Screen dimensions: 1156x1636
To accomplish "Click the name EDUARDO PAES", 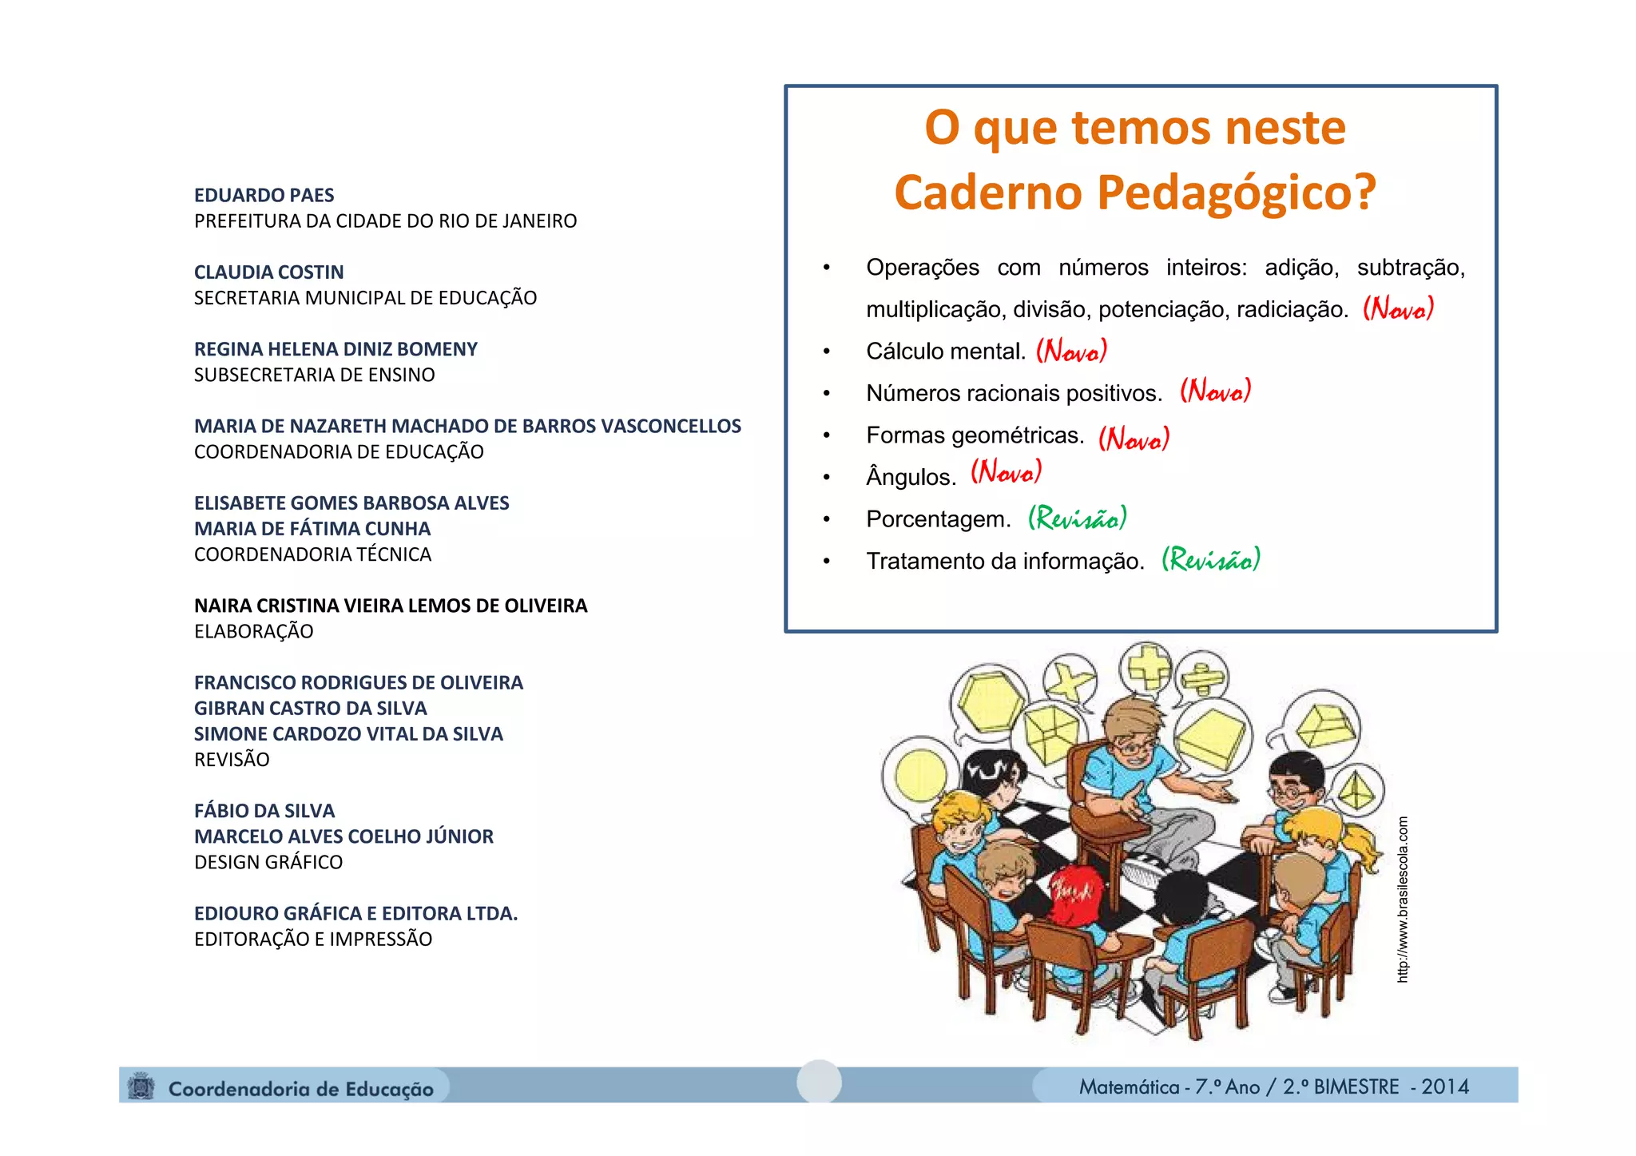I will [264, 195].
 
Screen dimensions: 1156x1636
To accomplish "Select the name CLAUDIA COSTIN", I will [268, 272].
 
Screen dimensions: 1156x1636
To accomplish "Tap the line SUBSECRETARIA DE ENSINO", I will [314, 375].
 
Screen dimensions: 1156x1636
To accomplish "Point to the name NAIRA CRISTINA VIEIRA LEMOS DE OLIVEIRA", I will [390, 606].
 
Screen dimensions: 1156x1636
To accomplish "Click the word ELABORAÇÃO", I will [253, 631].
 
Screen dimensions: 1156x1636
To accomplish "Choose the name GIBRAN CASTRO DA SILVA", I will [310, 708].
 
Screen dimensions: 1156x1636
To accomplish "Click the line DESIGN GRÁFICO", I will [268, 862].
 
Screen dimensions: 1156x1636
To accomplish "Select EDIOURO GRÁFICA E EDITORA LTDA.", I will [355, 913].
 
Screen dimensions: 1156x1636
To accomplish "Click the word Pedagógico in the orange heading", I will [1237, 193].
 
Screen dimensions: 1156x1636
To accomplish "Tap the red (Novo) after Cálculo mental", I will [1071, 350].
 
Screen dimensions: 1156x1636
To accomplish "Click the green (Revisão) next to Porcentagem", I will [1077, 518].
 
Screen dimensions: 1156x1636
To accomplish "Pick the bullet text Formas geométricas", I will [975, 435].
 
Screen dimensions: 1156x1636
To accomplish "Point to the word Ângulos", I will [911, 477].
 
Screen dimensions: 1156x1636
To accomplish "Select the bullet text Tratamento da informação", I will [1005, 561].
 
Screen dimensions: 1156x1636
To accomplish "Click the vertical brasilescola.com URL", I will [1403, 899].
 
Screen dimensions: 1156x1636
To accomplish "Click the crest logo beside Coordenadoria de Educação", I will [142, 1086].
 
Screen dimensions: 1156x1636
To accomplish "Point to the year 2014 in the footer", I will [1445, 1086].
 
